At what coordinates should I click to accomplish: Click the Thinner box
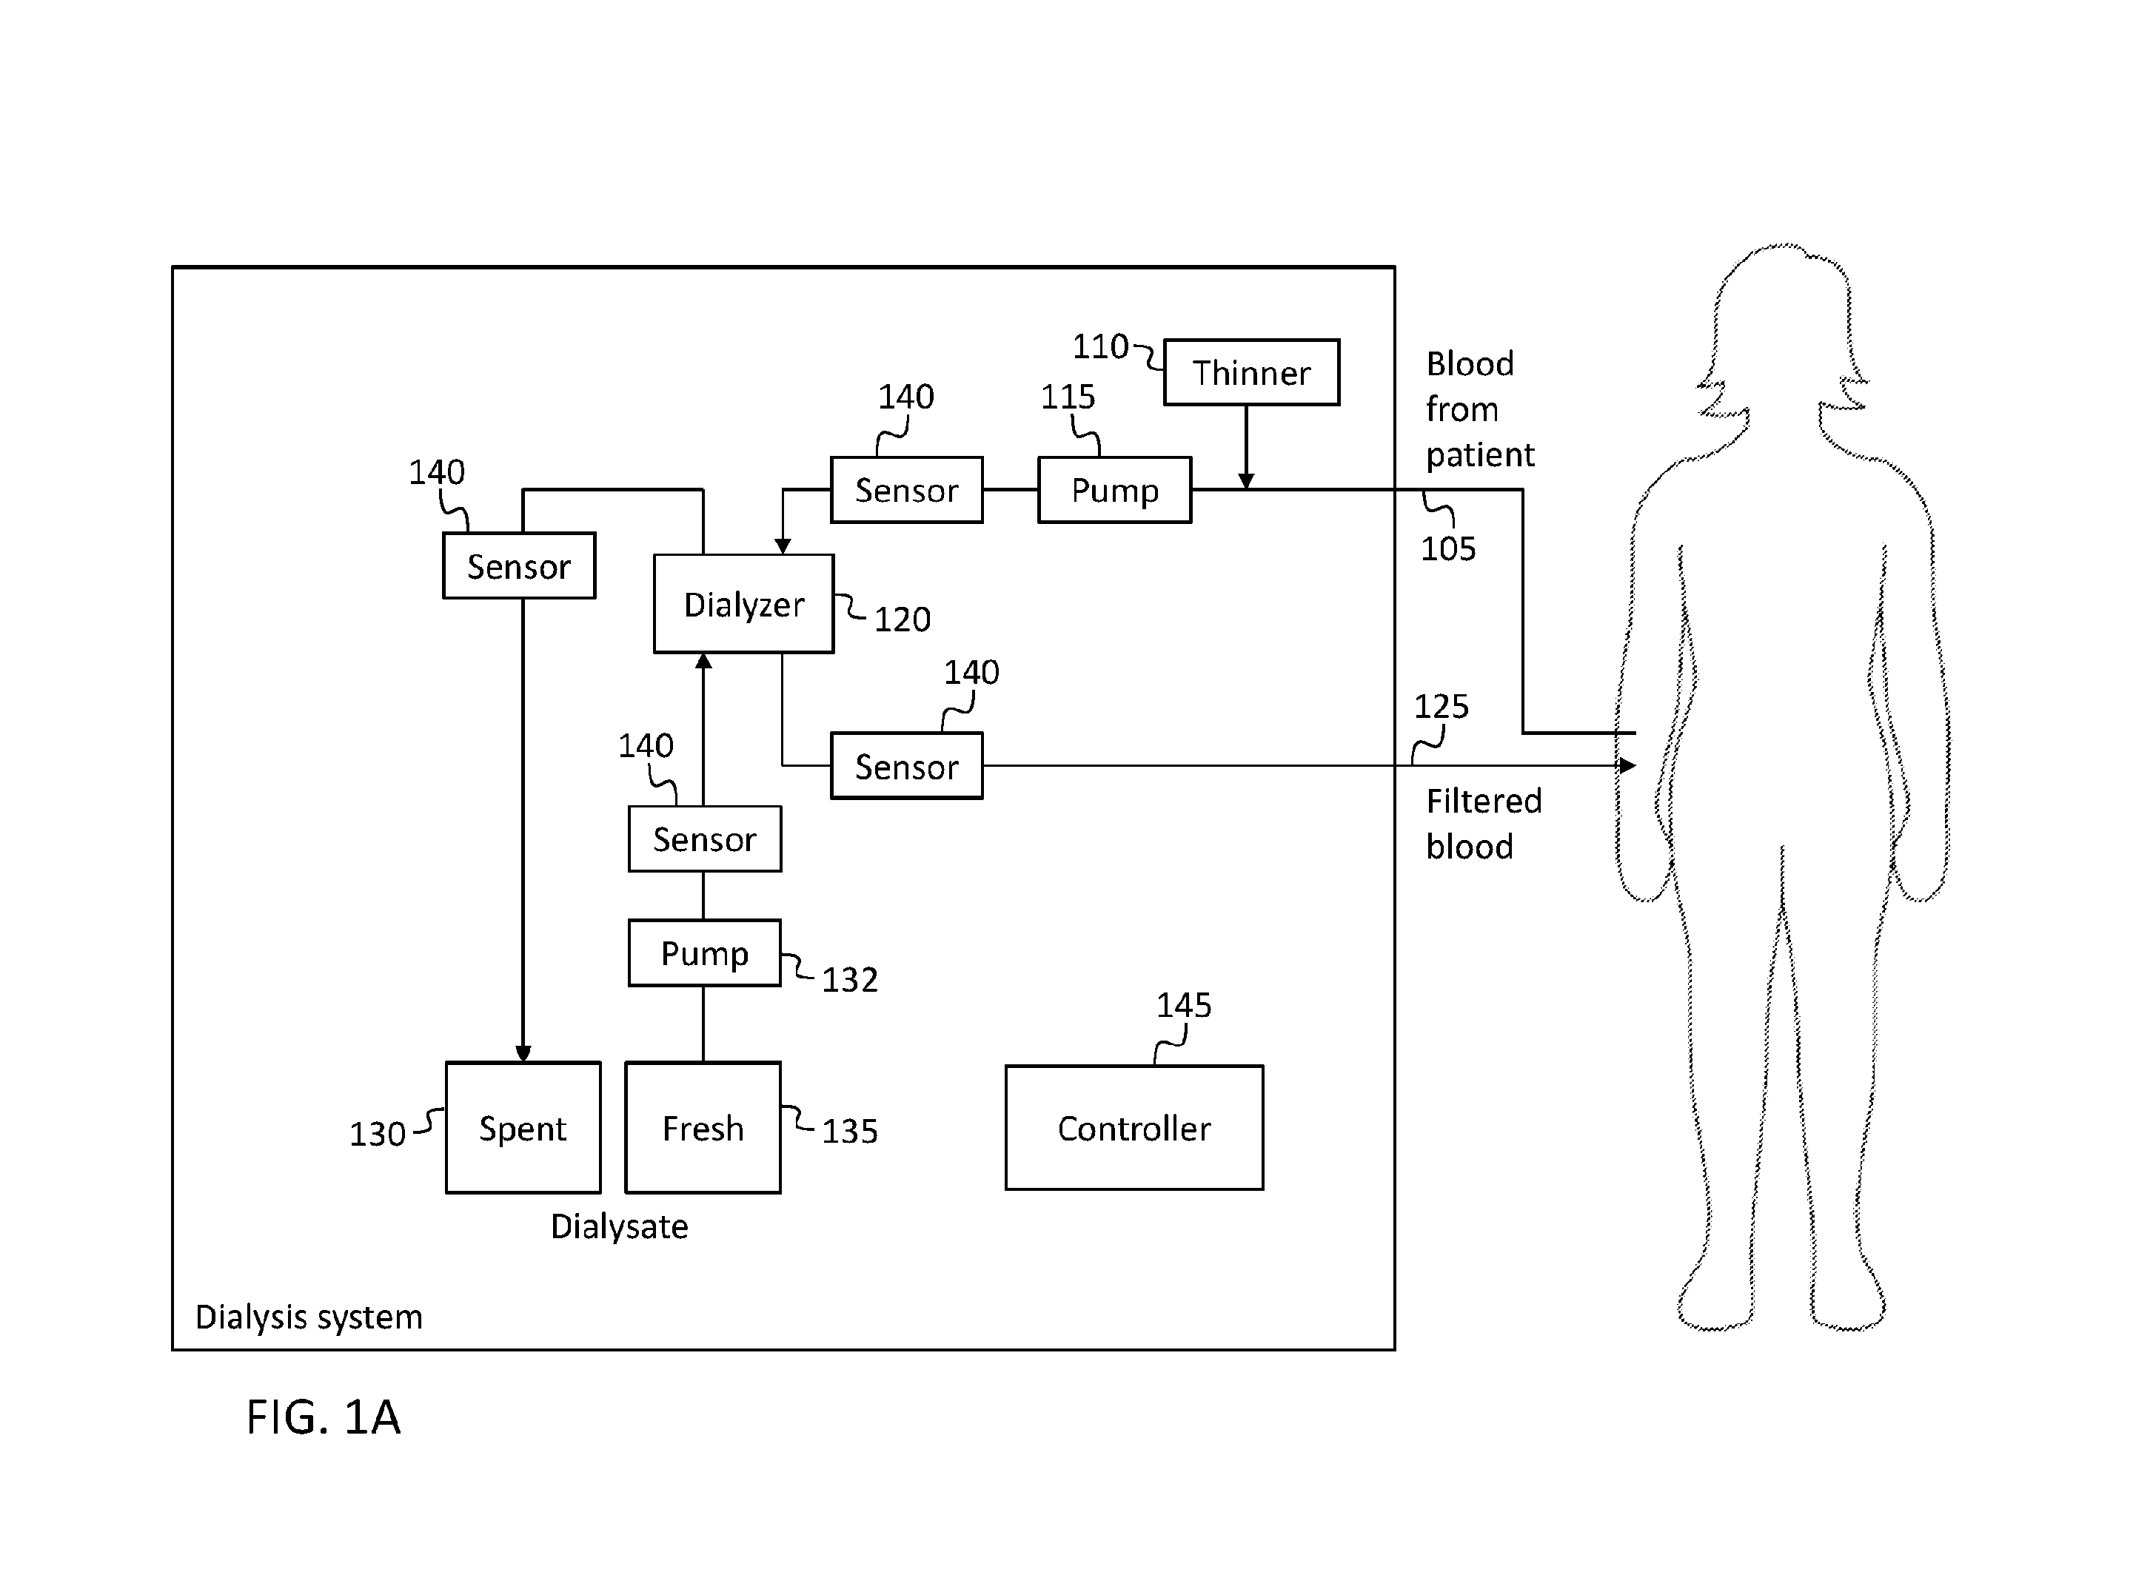(x=1252, y=372)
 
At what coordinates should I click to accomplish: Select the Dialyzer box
(x=743, y=603)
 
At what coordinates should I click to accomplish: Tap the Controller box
(x=1134, y=1128)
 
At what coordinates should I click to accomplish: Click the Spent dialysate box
(x=523, y=1128)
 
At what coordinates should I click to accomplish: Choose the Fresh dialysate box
(x=703, y=1128)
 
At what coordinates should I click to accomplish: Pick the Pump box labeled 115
(x=1114, y=490)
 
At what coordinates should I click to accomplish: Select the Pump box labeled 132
(x=704, y=953)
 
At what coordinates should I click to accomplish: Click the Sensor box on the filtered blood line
(x=906, y=766)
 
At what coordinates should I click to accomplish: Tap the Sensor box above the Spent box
(x=519, y=565)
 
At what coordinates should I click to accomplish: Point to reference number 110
(x=1100, y=346)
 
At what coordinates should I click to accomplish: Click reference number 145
(x=1183, y=1005)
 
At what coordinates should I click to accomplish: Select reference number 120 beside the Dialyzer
(x=901, y=619)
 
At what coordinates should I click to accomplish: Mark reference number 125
(x=1441, y=706)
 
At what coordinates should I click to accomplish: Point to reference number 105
(x=1447, y=548)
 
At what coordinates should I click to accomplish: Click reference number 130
(x=377, y=1133)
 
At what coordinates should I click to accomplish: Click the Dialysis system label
(x=309, y=1317)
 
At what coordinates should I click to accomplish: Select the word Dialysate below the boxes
(x=619, y=1226)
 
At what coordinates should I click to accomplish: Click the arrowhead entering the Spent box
(x=523, y=1053)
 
